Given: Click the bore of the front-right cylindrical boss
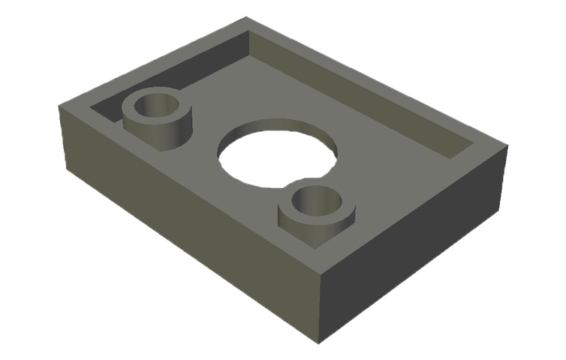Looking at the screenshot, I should (315, 201).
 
